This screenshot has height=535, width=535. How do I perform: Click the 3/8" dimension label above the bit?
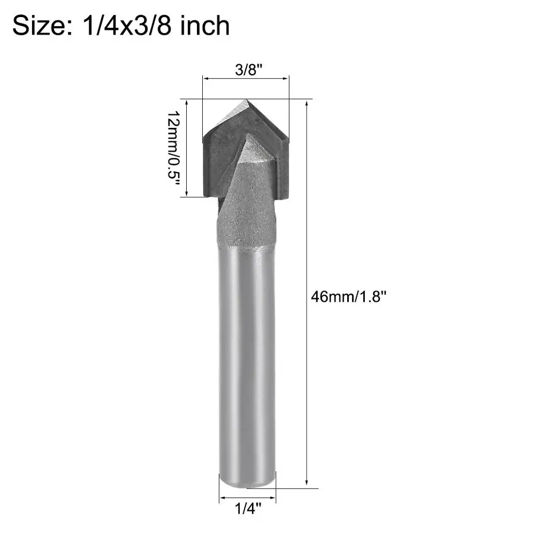click(x=248, y=70)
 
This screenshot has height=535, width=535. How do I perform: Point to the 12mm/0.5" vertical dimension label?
click(x=173, y=148)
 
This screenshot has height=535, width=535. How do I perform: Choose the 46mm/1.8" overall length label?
click(x=348, y=296)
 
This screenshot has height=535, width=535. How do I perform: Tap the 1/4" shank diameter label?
click(x=248, y=509)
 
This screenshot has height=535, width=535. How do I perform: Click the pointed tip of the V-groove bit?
click(x=246, y=100)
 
